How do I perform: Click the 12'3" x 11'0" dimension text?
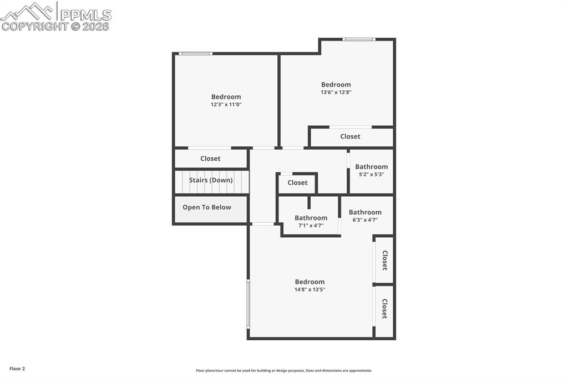[x=226, y=104]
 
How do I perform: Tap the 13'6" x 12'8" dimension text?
[x=336, y=93]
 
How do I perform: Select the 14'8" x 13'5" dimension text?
[x=310, y=289]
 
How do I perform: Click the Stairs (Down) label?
[x=211, y=180]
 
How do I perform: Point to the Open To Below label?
[x=207, y=207]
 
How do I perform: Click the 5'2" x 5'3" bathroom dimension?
[x=371, y=174]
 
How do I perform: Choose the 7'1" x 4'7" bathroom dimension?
[x=311, y=226]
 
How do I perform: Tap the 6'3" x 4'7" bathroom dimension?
[x=365, y=219]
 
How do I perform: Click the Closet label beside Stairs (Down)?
[x=210, y=159]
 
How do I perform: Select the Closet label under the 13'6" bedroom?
[x=350, y=136]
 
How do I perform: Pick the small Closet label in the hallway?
[x=297, y=182]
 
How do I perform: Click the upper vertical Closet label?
[x=384, y=260]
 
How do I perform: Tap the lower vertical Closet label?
[x=384, y=308]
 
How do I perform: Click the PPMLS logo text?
[x=85, y=14]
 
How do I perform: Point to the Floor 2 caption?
[x=17, y=369]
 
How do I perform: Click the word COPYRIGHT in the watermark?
[x=34, y=26]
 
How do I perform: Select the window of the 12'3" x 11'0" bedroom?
[x=195, y=54]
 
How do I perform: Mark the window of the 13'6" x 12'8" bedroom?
[x=359, y=39]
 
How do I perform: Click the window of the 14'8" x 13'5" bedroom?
[x=248, y=304]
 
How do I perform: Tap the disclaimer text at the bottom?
[x=283, y=371]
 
